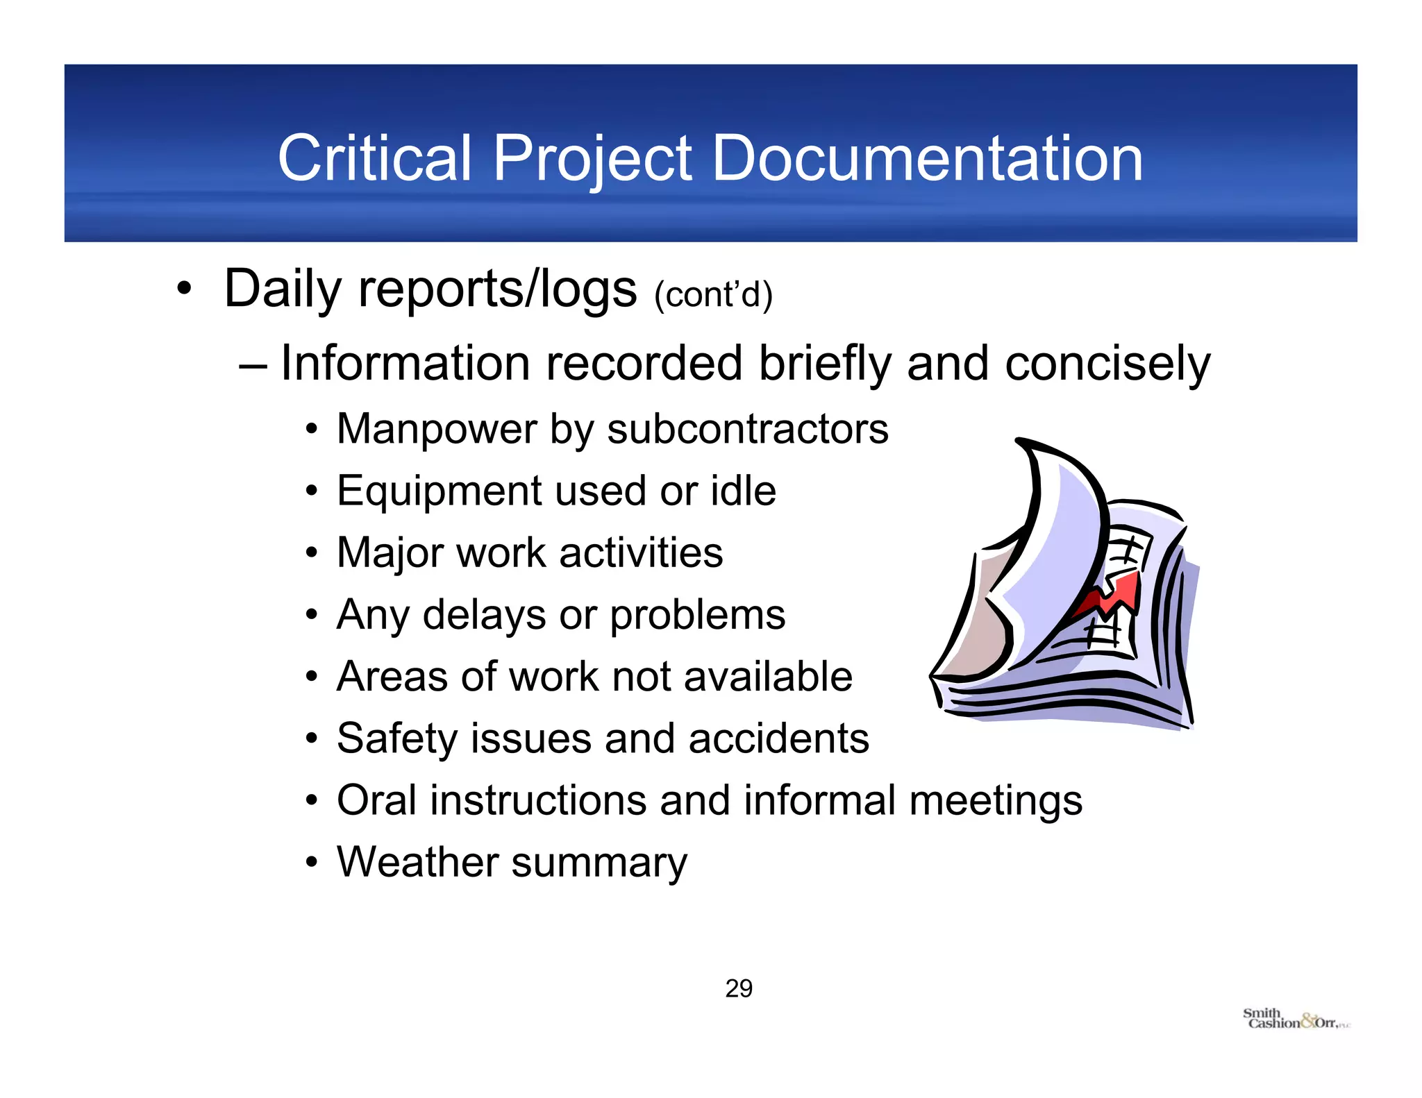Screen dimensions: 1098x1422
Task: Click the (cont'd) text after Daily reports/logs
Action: click(x=713, y=295)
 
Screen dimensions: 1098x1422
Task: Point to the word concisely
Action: click(x=1107, y=364)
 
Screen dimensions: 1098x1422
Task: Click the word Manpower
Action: click(x=437, y=429)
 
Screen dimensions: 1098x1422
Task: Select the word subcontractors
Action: click(x=748, y=429)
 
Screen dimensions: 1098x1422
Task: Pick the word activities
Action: click(x=641, y=552)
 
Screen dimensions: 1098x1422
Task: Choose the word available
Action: click(x=768, y=677)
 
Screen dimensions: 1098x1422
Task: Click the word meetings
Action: click(x=996, y=801)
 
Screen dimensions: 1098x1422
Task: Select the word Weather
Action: click(x=417, y=862)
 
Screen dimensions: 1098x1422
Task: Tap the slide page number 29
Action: click(x=739, y=988)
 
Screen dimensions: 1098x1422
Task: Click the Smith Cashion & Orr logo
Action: click(x=1295, y=1019)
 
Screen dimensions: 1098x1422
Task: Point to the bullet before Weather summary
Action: click(x=312, y=863)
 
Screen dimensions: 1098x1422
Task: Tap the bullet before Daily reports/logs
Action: click(x=183, y=288)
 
